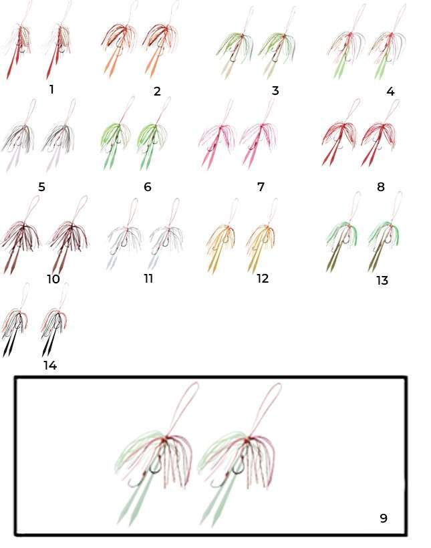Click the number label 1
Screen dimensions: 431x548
[x=51, y=90]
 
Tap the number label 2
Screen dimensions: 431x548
[x=157, y=91]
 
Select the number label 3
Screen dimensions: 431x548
[x=275, y=91]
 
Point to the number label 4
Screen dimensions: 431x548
[x=390, y=92]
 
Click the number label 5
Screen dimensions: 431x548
[x=41, y=187]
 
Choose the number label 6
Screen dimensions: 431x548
[x=148, y=187]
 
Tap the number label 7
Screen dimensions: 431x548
[x=261, y=187]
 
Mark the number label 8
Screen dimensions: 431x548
[x=381, y=187]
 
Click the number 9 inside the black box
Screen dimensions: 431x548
[x=384, y=518]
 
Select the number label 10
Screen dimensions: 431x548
[x=53, y=279]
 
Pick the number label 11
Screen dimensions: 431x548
[x=148, y=279]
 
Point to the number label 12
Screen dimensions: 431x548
[x=263, y=279]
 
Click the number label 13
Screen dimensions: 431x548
[x=382, y=280]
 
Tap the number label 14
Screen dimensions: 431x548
[x=50, y=366]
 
